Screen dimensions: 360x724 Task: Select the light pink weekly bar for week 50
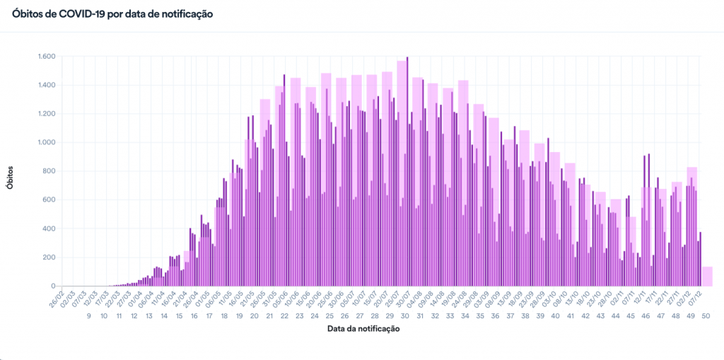tap(707, 277)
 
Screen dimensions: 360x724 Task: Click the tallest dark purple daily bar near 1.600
tap(407, 170)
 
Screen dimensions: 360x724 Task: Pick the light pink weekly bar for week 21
tap(265, 191)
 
